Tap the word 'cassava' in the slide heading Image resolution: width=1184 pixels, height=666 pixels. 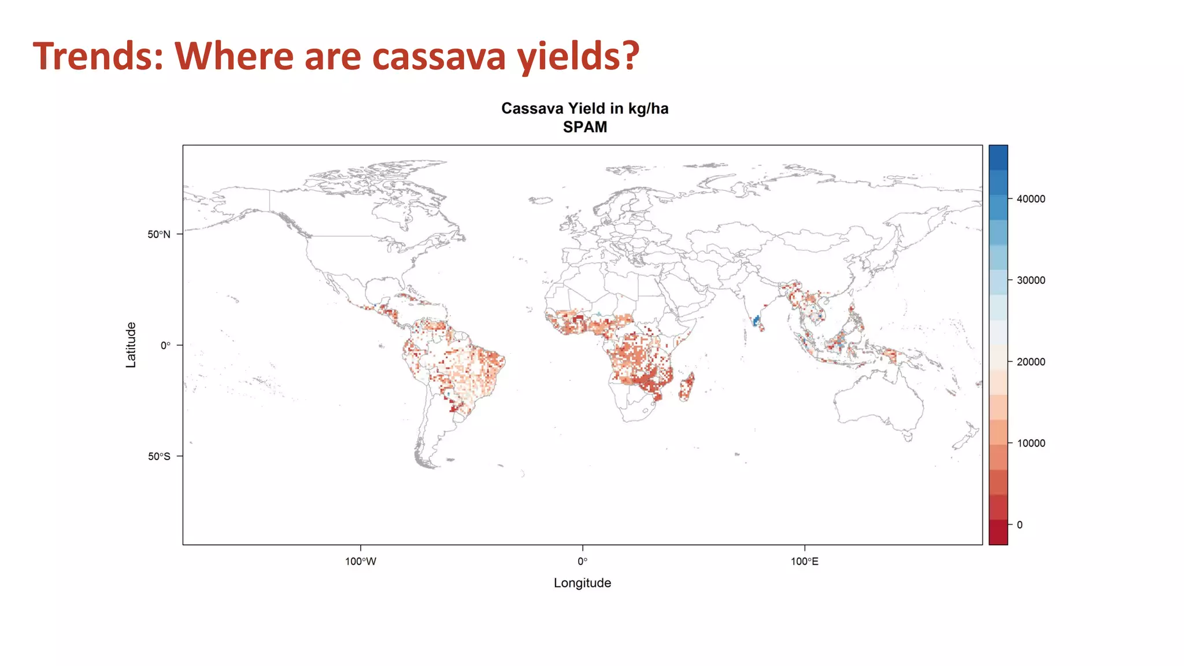coord(439,56)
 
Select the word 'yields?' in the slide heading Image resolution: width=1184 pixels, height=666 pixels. coord(578,56)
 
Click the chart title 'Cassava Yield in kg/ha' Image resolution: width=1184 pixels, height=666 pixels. coord(584,109)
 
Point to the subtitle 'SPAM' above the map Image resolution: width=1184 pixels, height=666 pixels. coord(584,127)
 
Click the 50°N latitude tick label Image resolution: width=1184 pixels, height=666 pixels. coord(159,234)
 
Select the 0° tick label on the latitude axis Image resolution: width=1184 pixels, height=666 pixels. coord(165,346)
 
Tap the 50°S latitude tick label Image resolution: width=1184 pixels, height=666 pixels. coord(159,456)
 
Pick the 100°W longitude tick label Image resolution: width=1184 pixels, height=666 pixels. coord(361,561)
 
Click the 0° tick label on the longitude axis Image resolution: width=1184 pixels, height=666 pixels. coord(582,561)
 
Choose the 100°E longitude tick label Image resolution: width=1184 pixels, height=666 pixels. coord(805,561)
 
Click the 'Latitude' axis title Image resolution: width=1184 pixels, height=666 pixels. coord(131,345)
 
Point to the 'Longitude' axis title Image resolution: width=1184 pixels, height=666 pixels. coord(582,583)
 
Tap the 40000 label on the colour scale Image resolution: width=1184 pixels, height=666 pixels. coord(1031,199)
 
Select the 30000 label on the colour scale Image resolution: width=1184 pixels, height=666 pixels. coord(1031,280)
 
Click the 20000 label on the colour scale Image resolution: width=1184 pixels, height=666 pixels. coord(1031,362)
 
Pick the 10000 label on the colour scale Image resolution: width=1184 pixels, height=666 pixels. coord(1031,443)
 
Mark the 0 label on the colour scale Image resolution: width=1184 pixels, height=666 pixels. coord(1020,525)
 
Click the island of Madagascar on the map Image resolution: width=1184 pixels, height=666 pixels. coord(686,387)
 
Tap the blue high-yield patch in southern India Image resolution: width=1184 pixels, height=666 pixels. coord(756,321)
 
